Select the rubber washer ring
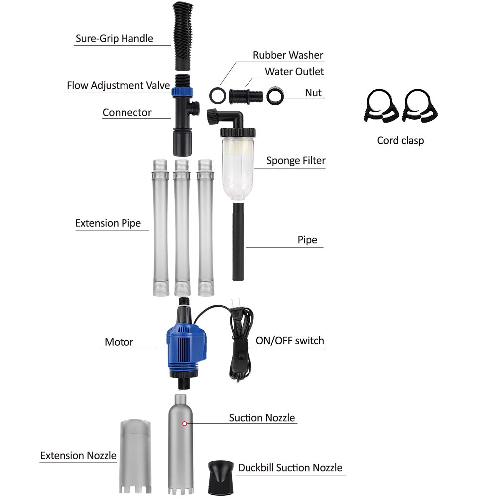click(217, 94)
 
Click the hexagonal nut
click(274, 95)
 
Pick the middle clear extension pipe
click(181, 227)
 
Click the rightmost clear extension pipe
click(205, 227)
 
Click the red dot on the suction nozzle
click(185, 423)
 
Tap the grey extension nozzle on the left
click(134, 456)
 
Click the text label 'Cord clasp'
click(400, 141)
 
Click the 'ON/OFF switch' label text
click(290, 341)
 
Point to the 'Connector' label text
click(127, 112)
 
